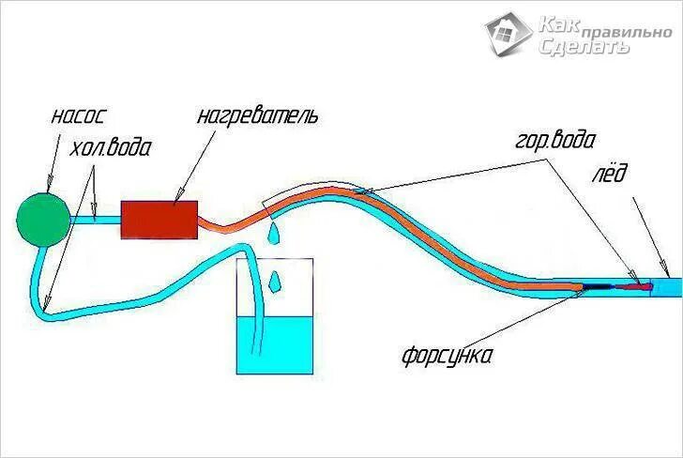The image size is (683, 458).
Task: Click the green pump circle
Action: click(x=42, y=219)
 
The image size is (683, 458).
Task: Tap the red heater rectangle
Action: click(x=159, y=220)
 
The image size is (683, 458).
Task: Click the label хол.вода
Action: click(x=111, y=147)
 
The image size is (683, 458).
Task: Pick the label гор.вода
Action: click(x=554, y=143)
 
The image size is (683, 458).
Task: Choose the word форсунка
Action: click(x=447, y=357)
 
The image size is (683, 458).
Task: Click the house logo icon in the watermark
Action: click(x=509, y=33)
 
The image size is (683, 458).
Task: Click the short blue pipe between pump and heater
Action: click(x=95, y=220)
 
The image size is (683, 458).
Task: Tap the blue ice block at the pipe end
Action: click(x=668, y=284)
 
